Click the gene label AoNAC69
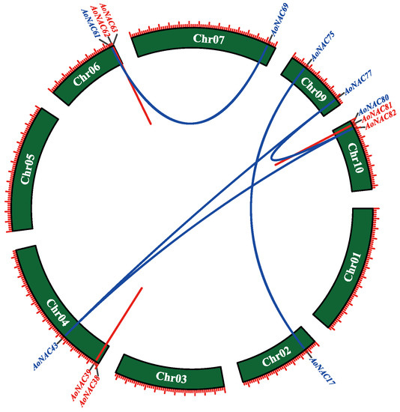pos(279,20)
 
